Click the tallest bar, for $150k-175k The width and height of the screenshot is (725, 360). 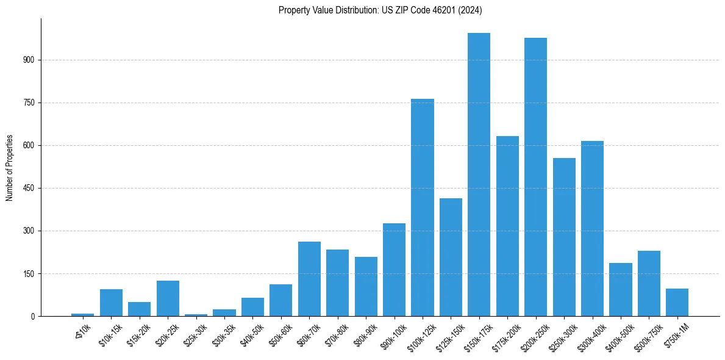(x=479, y=175)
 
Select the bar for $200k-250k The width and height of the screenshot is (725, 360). (x=535, y=177)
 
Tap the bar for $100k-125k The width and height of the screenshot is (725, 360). (x=422, y=207)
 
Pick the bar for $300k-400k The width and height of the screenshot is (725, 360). (x=592, y=229)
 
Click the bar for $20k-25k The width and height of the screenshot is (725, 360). (x=168, y=298)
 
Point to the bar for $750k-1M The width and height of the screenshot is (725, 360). (x=677, y=303)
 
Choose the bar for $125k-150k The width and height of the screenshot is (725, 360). (x=451, y=257)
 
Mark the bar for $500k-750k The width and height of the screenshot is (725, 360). (x=649, y=284)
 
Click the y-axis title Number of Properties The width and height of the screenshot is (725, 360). (x=9, y=168)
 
